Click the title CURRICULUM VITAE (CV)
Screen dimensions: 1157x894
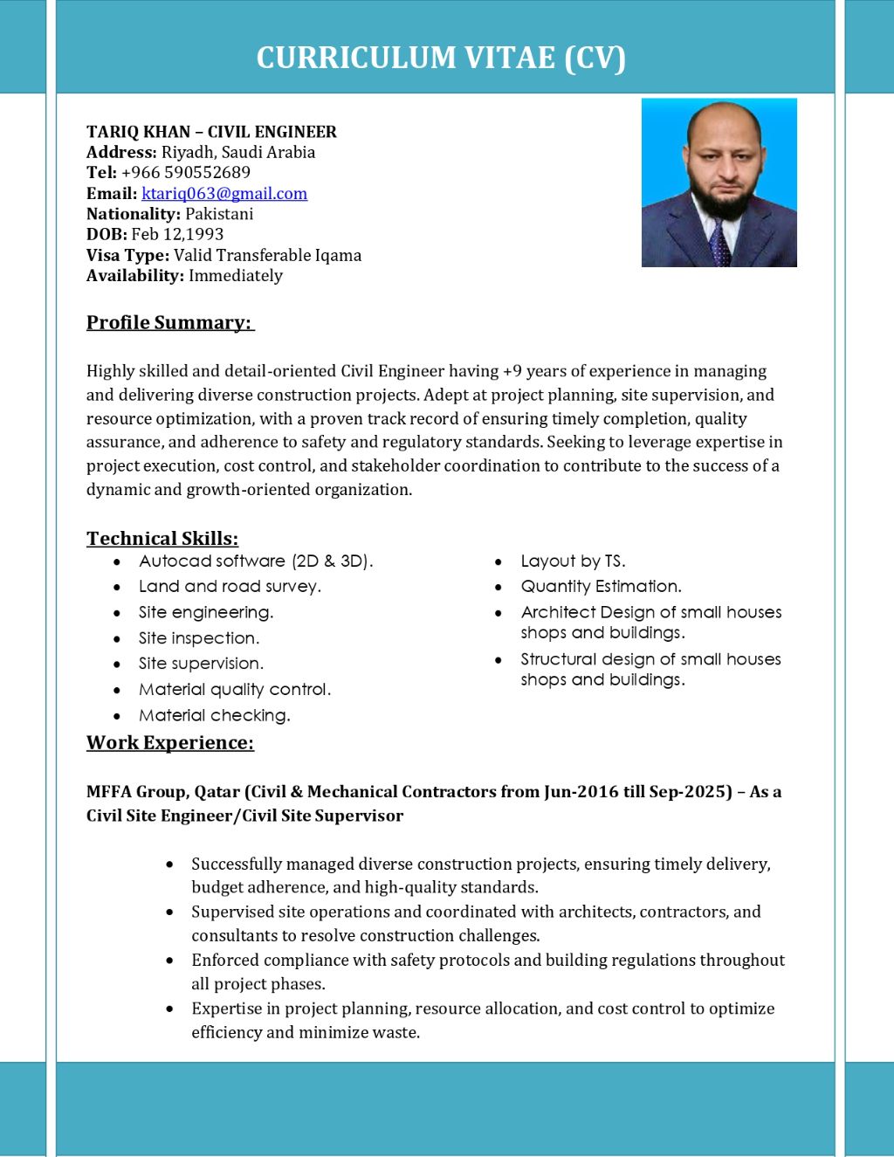click(441, 58)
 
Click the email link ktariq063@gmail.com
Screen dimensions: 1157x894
click(224, 194)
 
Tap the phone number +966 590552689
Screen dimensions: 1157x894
click(186, 173)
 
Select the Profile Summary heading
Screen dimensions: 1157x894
click(169, 323)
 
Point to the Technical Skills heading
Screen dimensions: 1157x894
click(162, 539)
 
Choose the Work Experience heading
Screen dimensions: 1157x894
click(170, 743)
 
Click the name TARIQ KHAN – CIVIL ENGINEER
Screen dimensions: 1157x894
click(211, 132)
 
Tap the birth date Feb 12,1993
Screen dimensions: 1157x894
click(177, 234)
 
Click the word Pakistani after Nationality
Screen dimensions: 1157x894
click(219, 214)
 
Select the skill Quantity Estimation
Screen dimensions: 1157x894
click(601, 587)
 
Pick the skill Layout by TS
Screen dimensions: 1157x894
click(573, 561)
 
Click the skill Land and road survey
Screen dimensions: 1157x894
click(230, 587)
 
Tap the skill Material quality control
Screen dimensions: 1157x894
click(235, 690)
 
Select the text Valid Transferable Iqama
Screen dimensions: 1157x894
click(267, 256)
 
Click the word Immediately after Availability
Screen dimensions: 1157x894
click(236, 276)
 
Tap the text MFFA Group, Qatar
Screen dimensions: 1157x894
click(163, 792)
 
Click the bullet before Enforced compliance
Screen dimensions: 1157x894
click(169, 961)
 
